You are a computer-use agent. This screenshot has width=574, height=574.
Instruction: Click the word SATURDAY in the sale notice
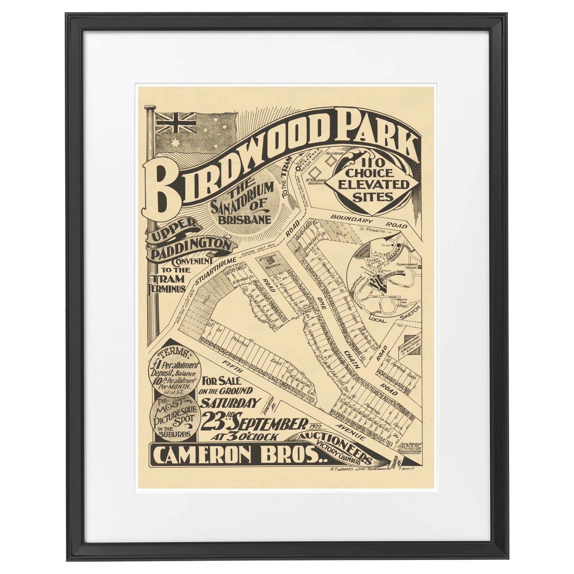pos(230,404)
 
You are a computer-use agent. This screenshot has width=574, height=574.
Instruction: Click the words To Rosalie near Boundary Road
pos(371,230)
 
